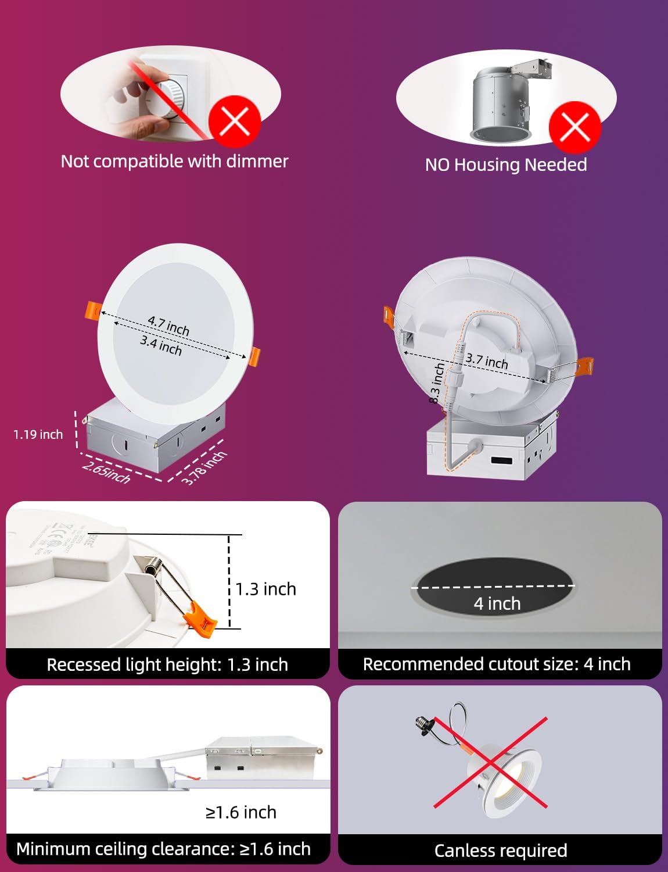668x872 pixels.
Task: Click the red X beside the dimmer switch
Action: tap(235, 122)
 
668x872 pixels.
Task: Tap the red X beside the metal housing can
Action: tap(575, 126)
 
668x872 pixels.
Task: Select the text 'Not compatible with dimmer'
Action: tap(174, 161)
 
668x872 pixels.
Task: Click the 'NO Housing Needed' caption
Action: tap(506, 165)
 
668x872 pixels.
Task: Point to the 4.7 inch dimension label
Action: tap(168, 326)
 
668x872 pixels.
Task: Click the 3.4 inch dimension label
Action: tap(161, 345)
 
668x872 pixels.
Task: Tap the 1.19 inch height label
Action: tap(38, 434)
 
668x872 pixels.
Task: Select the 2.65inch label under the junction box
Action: tap(106, 472)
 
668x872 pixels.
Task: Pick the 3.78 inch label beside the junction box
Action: tap(204, 467)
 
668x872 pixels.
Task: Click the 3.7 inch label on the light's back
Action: tap(487, 361)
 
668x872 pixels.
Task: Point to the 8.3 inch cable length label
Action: tap(437, 383)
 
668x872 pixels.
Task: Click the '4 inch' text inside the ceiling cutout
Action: tap(497, 603)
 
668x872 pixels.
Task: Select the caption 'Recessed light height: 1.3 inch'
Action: tap(167, 664)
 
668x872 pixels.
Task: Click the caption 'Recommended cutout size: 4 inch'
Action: tap(497, 664)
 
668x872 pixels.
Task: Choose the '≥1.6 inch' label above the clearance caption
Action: tap(241, 812)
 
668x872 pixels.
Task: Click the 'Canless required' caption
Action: tap(501, 850)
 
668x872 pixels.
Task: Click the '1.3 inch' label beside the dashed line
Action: tap(266, 589)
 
